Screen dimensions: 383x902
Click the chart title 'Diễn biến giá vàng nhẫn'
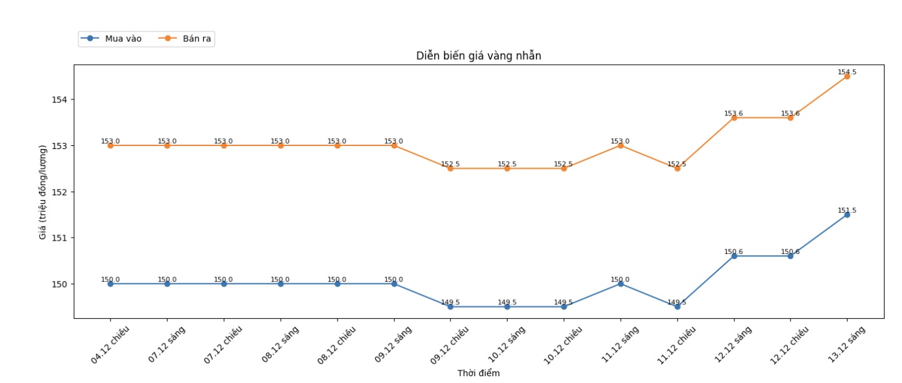(x=478, y=56)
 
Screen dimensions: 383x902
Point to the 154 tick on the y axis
(x=62, y=100)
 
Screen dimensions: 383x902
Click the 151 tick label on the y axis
(x=62, y=238)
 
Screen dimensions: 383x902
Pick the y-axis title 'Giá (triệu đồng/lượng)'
(x=43, y=192)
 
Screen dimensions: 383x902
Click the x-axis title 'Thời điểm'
(x=478, y=373)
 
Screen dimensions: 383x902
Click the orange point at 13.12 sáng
(x=847, y=76)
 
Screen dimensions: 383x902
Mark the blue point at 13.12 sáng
(x=847, y=215)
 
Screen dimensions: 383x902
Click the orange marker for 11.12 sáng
(x=621, y=145)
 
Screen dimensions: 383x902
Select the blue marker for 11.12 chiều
(x=677, y=306)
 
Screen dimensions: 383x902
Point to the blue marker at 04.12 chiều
(x=110, y=284)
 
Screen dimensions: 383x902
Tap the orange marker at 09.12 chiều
(x=450, y=168)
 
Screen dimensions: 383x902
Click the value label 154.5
(x=847, y=72)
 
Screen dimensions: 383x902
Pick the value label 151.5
(x=847, y=210)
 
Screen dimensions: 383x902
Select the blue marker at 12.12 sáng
(x=734, y=256)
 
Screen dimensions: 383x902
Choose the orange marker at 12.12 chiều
(x=790, y=117)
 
